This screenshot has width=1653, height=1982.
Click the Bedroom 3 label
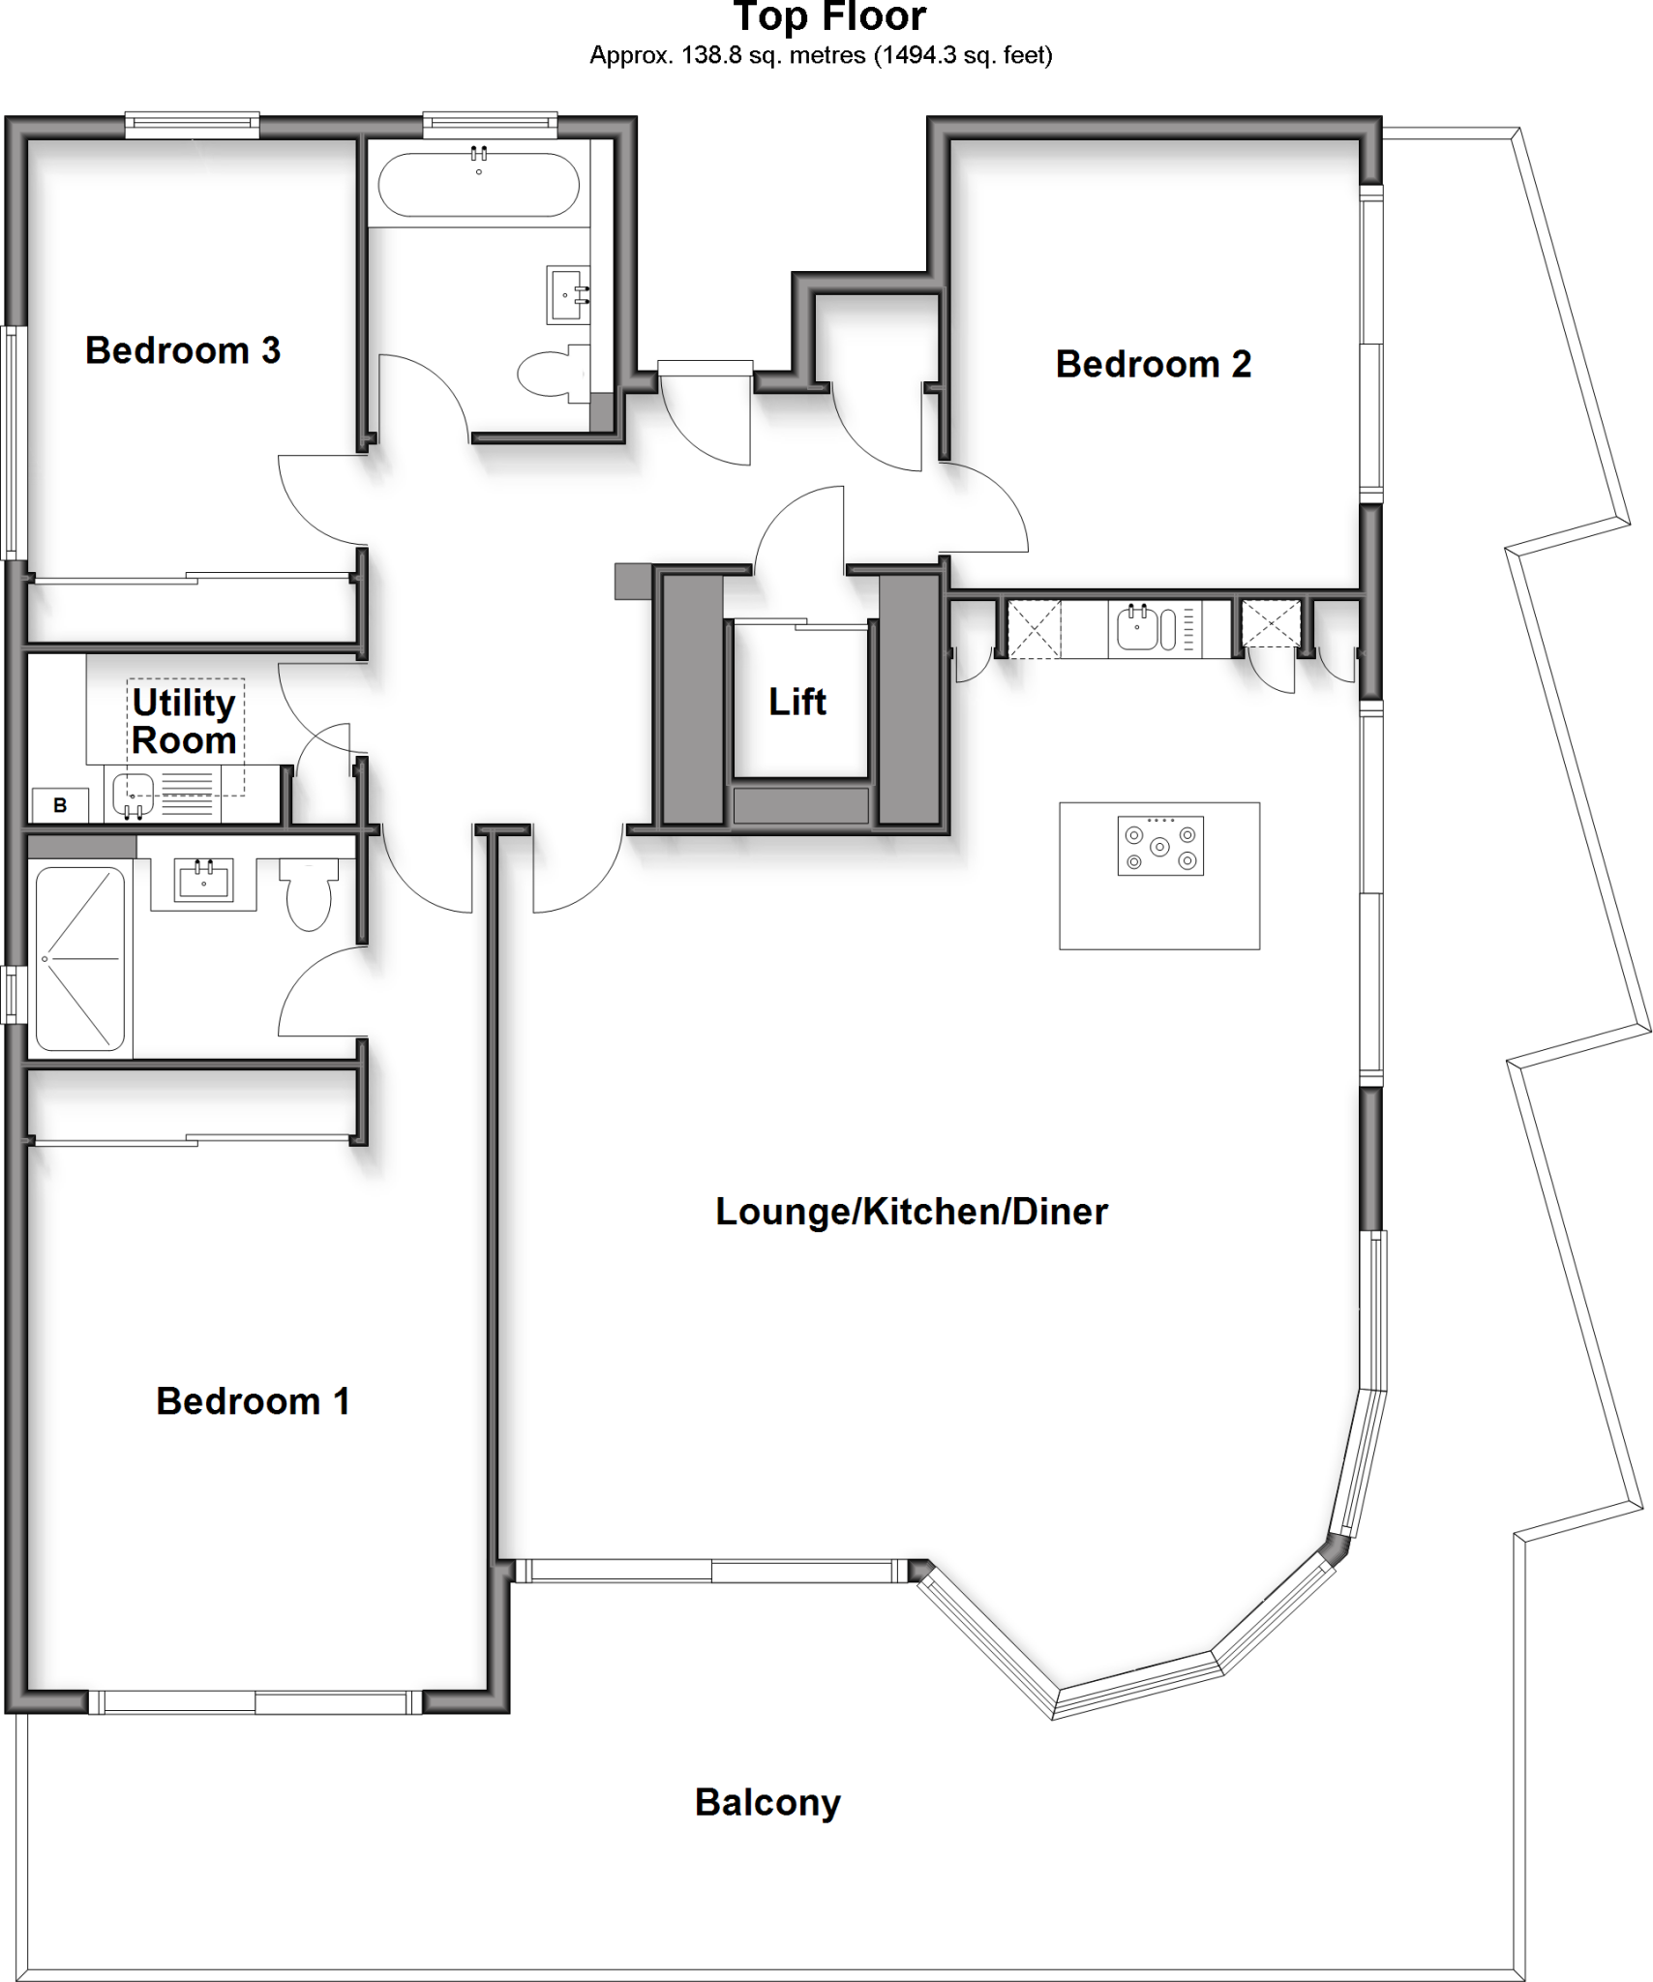click(x=183, y=350)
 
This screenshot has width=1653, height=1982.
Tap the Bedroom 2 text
click(x=1153, y=365)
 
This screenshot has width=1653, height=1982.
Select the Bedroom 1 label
click(x=253, y=1401)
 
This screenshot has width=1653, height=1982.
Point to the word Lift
click(x=797, y=702)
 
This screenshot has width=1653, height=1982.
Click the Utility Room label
click(x=184, y=722)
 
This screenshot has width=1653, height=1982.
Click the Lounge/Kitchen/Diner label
click(x=911, y=1212)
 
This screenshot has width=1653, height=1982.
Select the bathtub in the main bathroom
click(x=478, y=185)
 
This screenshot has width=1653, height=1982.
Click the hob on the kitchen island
click(x=1160, y=847)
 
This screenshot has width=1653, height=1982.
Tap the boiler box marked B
click(x=60, y=805)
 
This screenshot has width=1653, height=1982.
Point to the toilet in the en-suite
click(x=310, y=895)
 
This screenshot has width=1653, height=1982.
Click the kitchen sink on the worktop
click(x=1137, y=629)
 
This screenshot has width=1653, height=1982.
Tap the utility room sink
click(x=133, y=796)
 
